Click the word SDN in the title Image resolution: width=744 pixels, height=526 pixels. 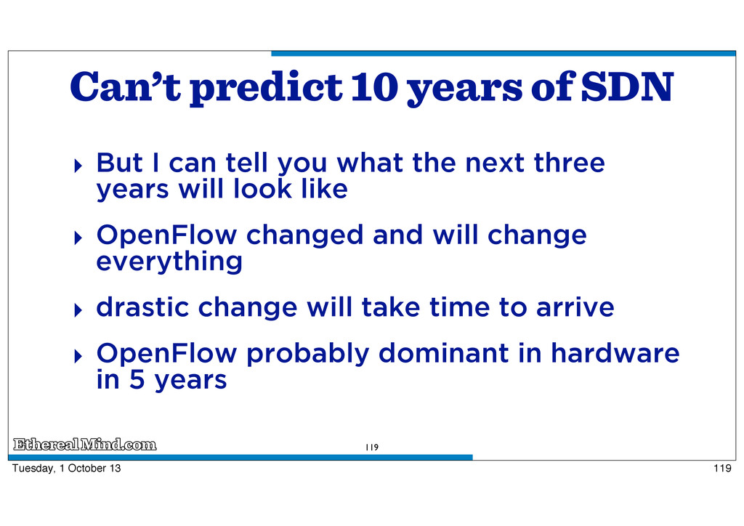coord(627,86)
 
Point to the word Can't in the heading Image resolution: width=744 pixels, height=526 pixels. coord(126,86)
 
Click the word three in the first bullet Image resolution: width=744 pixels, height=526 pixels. coord(569,163)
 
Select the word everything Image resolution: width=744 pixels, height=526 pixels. coord(169,262)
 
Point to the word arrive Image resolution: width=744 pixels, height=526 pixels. coord(575,307)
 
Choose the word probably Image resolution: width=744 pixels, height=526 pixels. coord(307,354)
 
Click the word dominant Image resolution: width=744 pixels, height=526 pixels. coord(443,353)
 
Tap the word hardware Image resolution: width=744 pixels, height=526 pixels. coord(615,353)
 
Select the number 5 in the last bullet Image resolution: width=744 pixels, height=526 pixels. coord(137,380)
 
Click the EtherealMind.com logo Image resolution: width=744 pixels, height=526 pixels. coord(84,445)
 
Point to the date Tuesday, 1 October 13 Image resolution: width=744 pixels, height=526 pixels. coord(66,468)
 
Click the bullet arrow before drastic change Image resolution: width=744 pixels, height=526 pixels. coord(78,310)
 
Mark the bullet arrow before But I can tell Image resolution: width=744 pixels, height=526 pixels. coord(78,166)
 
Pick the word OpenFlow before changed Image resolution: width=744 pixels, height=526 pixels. coord(166,235)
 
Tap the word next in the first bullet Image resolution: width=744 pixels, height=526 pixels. coord(494,163)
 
